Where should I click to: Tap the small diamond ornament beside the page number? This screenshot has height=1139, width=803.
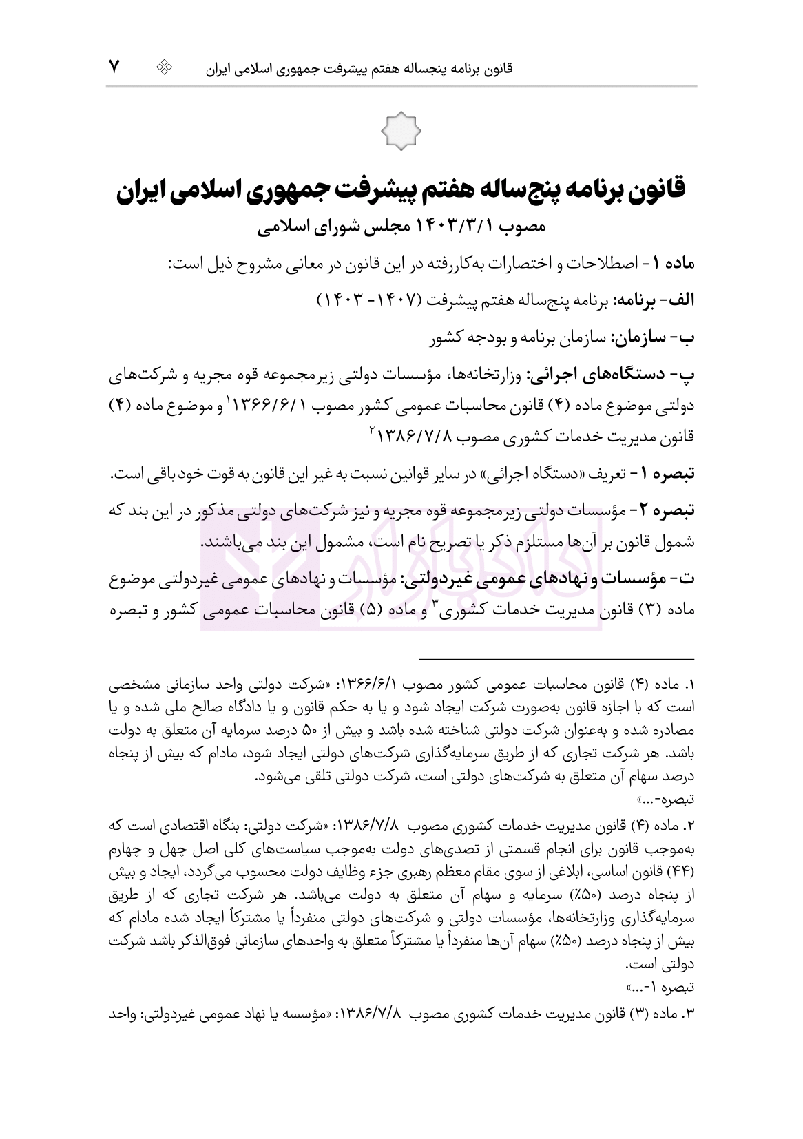tap(165, 67)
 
